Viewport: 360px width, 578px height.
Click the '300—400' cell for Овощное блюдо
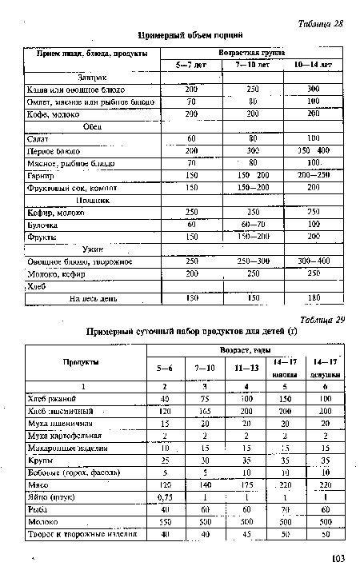tap(312, 261)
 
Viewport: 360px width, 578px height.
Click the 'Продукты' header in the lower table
tap(83, 361)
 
